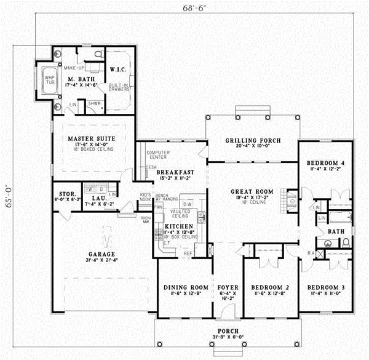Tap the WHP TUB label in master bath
coord(49,80)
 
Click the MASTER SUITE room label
coord(93,138)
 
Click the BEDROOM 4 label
coord(325,163)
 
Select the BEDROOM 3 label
coord(325,287)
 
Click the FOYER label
coord(228,287)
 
